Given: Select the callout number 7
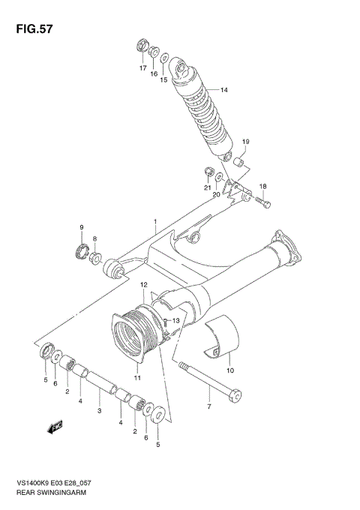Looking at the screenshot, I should pyautogui.click(x=209, y=407).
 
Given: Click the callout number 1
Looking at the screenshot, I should pyautogui.click(x=155, y=222).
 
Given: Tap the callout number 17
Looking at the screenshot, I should pyautogui.click(x=142, y=68).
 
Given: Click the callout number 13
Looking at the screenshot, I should pyautogui.click(x=177, y=321).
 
